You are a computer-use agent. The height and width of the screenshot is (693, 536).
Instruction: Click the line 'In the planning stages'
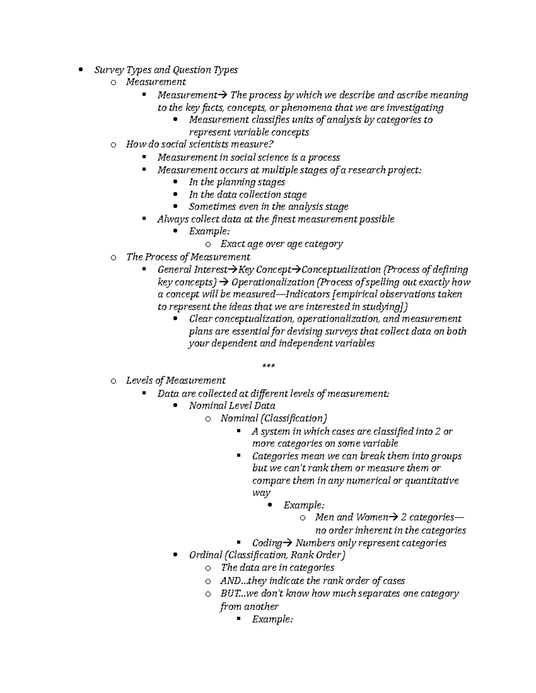pyautogui.click(x=237, y=182)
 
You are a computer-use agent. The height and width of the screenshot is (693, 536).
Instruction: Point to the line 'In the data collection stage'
pyautogui.click(x=247, y=195)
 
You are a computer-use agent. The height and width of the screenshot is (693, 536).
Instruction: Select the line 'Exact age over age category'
pyautogui.click(x=281, y=244)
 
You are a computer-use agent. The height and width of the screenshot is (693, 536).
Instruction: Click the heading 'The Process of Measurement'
pyautogui.click(x=188, y=257)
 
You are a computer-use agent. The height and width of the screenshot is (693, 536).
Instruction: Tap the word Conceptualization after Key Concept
pyautogui.click(x=341, y=270)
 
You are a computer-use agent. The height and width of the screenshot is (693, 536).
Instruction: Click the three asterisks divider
pyautogui.click(x=268, y=367)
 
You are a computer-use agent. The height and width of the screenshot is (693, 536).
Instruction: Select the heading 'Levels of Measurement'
pyautogui.click(x=176, y=381)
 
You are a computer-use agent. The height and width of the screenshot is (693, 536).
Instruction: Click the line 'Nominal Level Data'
pyautogui.click(x=232, y=406)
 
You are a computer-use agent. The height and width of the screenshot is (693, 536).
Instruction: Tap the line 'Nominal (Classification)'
pyautogui.click(x=274, y=419)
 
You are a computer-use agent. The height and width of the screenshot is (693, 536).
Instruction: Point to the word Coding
pyautogui.click(x=267, y=543)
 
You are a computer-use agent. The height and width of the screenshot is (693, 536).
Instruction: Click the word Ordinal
pyautogui.click(x=205, y=555)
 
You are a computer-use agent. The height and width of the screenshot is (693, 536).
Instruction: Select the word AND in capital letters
pyautogui.click(x=230, y=581)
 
